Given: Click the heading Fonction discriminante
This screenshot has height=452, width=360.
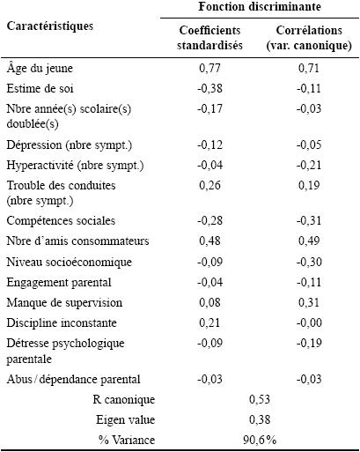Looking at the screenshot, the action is [260, 6].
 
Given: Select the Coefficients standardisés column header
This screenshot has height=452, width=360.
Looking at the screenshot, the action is [209, 38].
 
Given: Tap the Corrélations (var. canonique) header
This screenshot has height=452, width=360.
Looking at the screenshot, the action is [309, 38].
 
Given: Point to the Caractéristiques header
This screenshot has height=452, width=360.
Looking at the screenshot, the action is [50, 26].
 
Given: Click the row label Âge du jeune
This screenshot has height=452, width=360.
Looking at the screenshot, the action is [40, 68].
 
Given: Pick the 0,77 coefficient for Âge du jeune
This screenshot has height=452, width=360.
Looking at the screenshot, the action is [209, 68].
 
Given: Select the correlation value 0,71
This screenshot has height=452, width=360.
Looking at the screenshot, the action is [309, 68].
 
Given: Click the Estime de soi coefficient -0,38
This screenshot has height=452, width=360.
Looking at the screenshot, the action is [209, 88].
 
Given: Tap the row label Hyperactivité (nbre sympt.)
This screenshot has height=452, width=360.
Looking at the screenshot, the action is [75, 166].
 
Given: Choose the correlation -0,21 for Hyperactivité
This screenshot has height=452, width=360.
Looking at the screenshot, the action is [309, 165].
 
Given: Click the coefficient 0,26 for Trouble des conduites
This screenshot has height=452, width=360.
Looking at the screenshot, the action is [209, 185].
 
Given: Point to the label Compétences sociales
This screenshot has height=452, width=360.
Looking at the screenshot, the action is [61, 221].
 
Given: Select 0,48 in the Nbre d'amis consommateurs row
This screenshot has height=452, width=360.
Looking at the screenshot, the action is [209, 241].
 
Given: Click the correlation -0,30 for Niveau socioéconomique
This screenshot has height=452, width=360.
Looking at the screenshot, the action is [309, 262].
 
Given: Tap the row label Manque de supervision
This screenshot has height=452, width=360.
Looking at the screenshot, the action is [64, 303].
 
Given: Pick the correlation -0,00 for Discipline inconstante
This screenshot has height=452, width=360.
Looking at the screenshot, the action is [309, 322].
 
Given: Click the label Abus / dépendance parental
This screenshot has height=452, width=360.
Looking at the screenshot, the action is [73, 379].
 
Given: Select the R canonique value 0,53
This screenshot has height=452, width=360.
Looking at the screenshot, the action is [260, 399].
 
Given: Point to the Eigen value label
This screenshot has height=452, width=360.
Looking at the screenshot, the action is [126, 420].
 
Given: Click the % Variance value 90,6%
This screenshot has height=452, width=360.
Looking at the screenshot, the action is [260, 441].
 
